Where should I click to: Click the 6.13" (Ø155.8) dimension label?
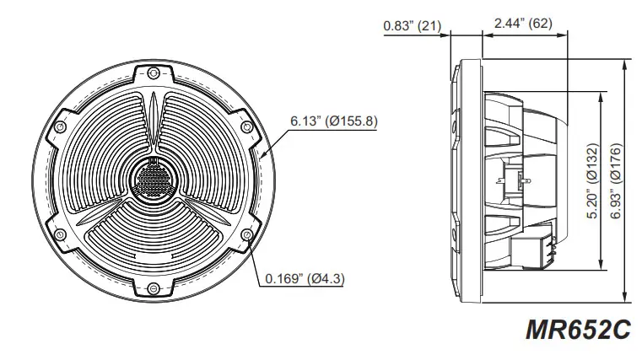[x=334, y=121]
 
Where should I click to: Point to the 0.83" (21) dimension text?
[x=413, y=24]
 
